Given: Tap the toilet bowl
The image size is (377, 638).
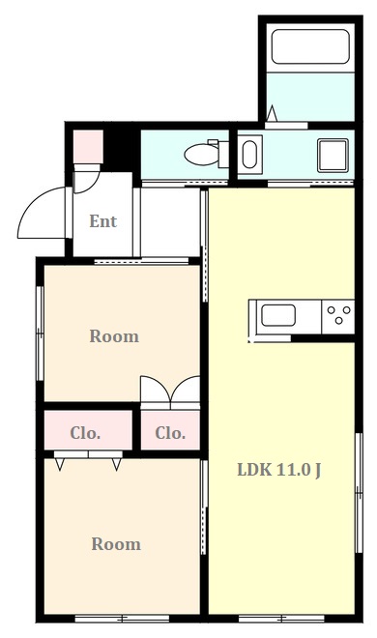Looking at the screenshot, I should click(x=200, y=153).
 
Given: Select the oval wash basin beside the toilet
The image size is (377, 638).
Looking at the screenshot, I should click(x=248, y=154).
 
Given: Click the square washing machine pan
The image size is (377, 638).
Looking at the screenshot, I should click(x=333, y=154).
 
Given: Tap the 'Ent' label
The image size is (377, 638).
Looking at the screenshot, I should click(x=102, y=221).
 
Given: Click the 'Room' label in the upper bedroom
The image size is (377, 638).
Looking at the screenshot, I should click(x=114, y=336).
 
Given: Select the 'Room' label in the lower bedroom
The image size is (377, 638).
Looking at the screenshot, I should click(x=116, y=544).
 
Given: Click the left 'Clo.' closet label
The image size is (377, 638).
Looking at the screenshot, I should click(x=85, y=432).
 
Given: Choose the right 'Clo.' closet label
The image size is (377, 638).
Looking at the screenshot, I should click(x=170, y=432).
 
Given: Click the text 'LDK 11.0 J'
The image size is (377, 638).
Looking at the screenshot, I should click(x=279, y=471).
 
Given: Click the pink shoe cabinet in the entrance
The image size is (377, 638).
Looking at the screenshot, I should click(x=88, y=146).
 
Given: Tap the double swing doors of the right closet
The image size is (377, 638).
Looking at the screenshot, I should click(x=170, y=390).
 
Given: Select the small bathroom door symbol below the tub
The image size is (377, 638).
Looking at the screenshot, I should click(x=273, y=116).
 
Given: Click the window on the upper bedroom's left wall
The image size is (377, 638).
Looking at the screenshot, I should click(x=40, y=333).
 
